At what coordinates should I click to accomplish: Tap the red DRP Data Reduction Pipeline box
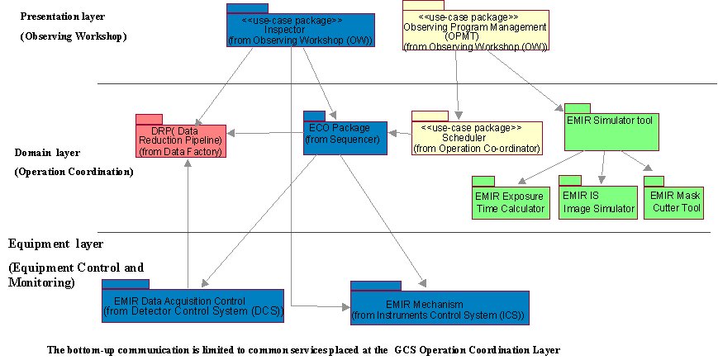coord(181,140)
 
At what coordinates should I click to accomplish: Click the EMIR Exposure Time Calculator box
coord(510,202)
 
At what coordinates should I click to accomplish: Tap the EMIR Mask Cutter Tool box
coord(673,202)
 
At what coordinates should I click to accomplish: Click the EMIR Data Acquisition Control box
coord(193,306)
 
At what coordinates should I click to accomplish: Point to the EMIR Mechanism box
coord(439,308)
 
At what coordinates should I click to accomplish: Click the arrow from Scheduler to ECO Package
coord(400,133)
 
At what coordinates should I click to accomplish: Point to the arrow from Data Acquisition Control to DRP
coord(190,223)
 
